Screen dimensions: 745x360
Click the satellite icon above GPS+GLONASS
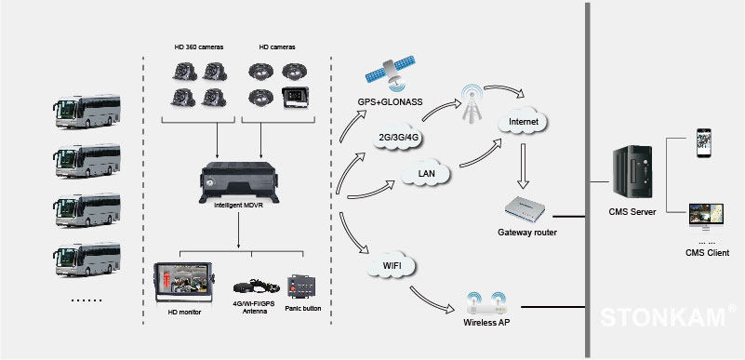[x=390, y=74]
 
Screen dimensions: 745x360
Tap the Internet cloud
[x=524, y=122]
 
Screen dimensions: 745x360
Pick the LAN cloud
[x=426, y=174]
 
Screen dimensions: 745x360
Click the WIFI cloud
[x=392, y=266]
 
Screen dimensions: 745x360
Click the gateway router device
[x=525, y=209]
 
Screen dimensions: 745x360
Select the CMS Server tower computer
[x=632, y=171]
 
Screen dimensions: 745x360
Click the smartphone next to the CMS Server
[x=705, y=142]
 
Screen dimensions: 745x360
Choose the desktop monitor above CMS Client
[x=706, y=218]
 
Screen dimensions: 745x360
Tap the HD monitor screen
[x=184, y=283]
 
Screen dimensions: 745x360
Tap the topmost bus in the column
[x=86, y=112]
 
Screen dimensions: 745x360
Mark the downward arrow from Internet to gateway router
[x=523, y=167]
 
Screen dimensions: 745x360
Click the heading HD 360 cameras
[x=199, y=47]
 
